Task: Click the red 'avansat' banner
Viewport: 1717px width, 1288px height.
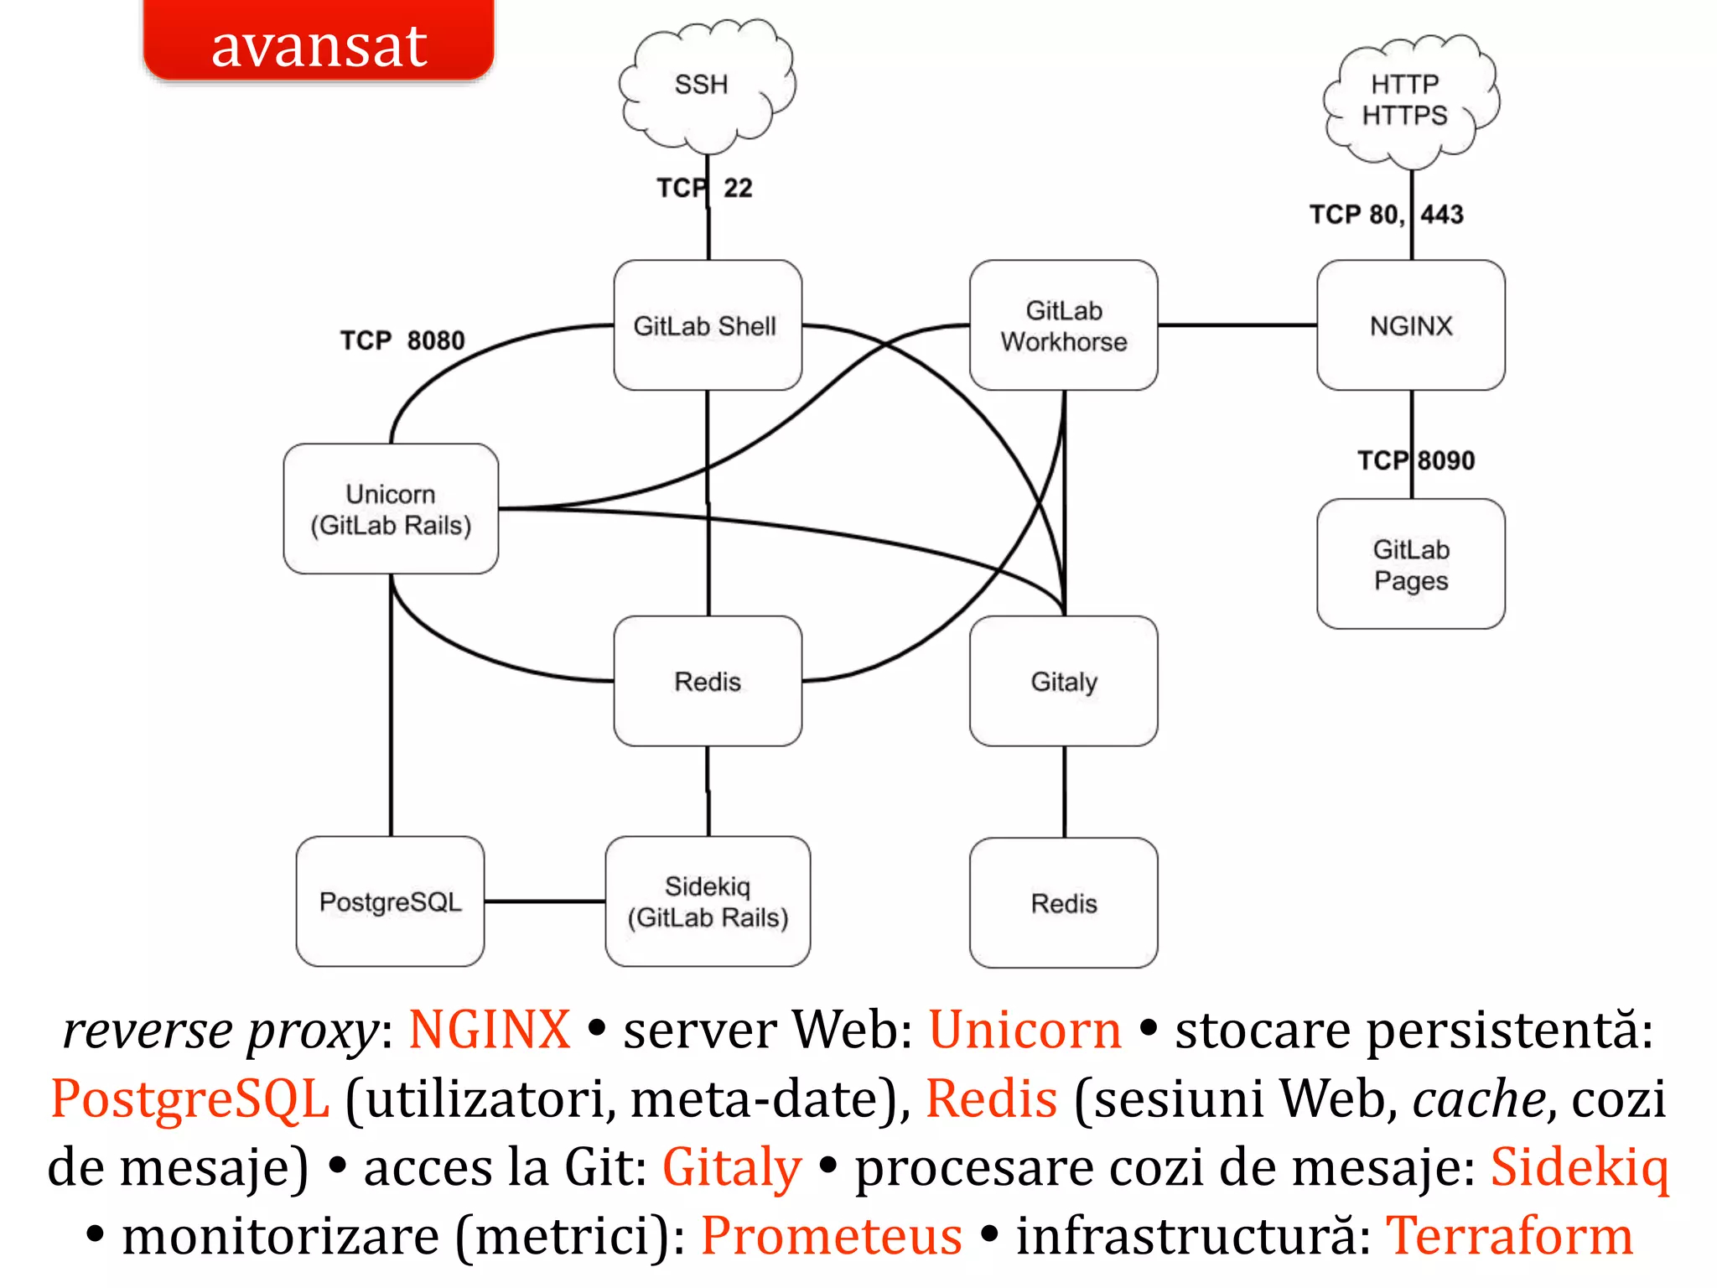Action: (319, 42)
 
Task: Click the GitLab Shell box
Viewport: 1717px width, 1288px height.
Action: (707, 325)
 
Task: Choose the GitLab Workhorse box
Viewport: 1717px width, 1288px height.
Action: (1063, 325)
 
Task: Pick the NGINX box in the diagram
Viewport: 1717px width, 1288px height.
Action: (1410, 325)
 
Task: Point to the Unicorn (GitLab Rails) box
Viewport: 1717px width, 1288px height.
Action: (391, 509)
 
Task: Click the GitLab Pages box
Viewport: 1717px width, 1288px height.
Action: (1410, 564)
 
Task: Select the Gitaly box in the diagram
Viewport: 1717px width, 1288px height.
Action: (1063, 681)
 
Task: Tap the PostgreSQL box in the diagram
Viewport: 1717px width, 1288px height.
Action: (390, 901)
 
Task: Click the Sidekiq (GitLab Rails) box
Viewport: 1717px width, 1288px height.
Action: (708, 901)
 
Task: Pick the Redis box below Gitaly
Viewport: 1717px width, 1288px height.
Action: (1063, 903)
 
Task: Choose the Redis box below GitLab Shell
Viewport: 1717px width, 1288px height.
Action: (707, 681)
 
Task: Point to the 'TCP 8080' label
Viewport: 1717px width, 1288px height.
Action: (402, 340)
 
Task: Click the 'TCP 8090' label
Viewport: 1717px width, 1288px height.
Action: (1416, 460)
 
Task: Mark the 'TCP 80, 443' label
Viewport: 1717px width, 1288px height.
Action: (1387, 215)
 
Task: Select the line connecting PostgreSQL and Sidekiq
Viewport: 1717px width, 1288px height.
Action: (545, 901)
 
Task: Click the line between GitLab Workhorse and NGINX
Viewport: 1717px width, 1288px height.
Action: (1237, 325)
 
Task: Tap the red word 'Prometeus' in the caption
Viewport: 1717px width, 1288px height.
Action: (831, 1236)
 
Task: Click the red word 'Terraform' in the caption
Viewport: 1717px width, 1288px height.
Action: (1509, 1236)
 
